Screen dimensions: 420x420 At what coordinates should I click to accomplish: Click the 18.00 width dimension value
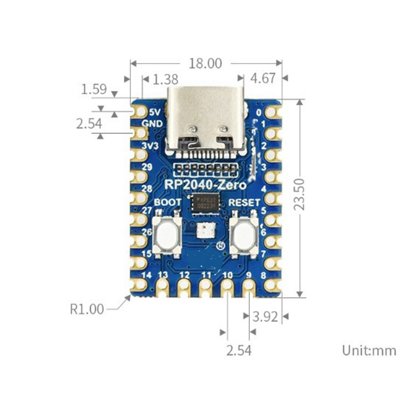pyautogui.click(x=206, y=64)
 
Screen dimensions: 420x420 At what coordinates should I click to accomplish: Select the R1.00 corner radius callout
pyautogui.click(x=88, y=309)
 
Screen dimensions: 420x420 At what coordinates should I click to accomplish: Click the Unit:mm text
pyautogui.click(x=369, y=350)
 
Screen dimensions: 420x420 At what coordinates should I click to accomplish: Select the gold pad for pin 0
pyautogui.click(x=272, y=112)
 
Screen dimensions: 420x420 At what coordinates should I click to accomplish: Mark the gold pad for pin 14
pyautogui.click(x=139, y=284)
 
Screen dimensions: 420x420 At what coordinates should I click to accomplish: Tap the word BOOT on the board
pyautogui.click(x=168, y=202)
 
